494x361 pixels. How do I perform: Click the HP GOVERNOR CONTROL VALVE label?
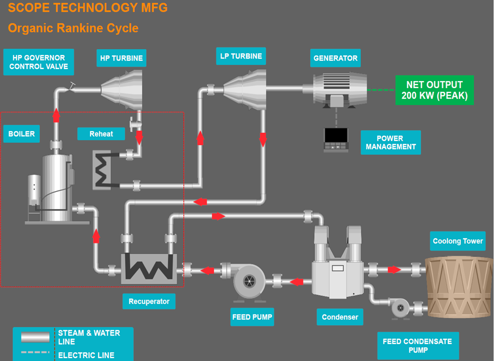(38, 62)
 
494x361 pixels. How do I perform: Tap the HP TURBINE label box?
(121, 58)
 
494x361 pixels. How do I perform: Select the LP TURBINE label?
(241, 56)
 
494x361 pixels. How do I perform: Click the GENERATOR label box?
(335, 58)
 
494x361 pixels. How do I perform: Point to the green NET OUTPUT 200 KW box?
(434, 90)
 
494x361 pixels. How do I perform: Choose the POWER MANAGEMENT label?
(390, 142)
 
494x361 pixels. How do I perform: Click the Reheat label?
(101, 133)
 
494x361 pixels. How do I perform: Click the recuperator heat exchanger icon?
(149, 268)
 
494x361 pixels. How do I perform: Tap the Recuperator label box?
(149, 301)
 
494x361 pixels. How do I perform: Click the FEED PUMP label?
(252, 317)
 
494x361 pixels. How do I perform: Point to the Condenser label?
(340, 317)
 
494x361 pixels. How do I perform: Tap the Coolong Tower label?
(457, 241)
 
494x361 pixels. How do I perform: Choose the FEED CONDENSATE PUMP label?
(417, 345)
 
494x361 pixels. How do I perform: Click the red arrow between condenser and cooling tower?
(394, 269)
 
